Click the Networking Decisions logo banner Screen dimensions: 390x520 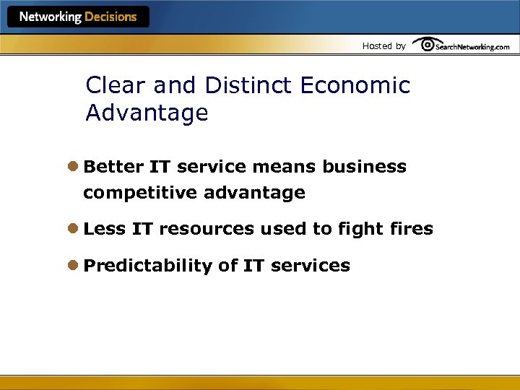[x=78, y=17]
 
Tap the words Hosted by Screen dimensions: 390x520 [x=383, y=46]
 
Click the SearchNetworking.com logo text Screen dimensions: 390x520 [x=472, y=46]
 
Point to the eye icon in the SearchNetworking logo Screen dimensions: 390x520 [x=426, y=45]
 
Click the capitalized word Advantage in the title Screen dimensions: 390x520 [x=147, y=113]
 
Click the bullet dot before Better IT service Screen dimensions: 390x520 [x=74, y=167]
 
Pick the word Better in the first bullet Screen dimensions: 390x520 [x=113, y=167]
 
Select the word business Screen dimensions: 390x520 [x=364, y=167]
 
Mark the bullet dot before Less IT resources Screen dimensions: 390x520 [x=74, y=229]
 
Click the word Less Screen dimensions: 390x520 [x=104, y=229]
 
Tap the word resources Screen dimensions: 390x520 [x=207, y=229]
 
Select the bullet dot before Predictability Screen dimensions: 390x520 [x=74, y=266]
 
